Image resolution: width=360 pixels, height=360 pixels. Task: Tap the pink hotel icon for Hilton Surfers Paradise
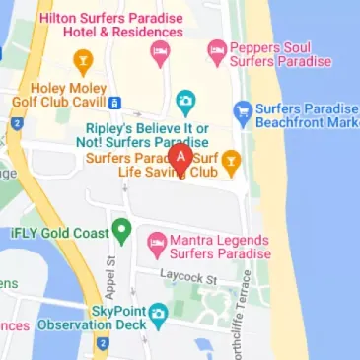coord(159,58)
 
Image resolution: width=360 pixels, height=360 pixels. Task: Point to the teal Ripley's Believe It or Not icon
coord(184,101)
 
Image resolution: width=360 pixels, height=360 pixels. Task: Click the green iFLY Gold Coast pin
coord(120,232)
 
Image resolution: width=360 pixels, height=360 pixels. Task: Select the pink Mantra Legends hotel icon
coord(156,241)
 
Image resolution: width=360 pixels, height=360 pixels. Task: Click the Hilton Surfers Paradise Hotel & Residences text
coord(111,25)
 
